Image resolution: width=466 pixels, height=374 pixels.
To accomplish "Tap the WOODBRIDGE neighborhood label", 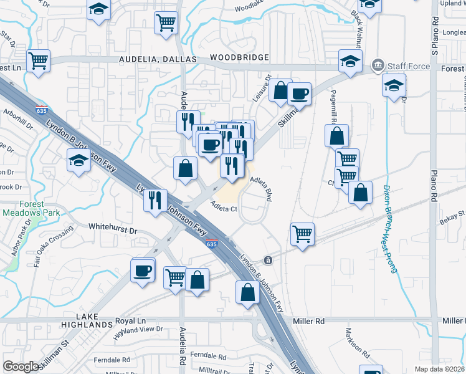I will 239,57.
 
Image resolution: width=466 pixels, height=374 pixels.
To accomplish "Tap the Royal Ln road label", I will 130,321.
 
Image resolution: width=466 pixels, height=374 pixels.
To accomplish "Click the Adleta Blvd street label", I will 262,187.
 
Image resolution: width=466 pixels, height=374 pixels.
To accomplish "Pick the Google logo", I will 21,367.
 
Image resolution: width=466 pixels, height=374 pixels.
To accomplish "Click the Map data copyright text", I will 439,369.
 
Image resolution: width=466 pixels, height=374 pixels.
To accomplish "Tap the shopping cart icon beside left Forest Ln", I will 39,61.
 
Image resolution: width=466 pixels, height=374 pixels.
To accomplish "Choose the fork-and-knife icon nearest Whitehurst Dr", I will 155,200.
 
